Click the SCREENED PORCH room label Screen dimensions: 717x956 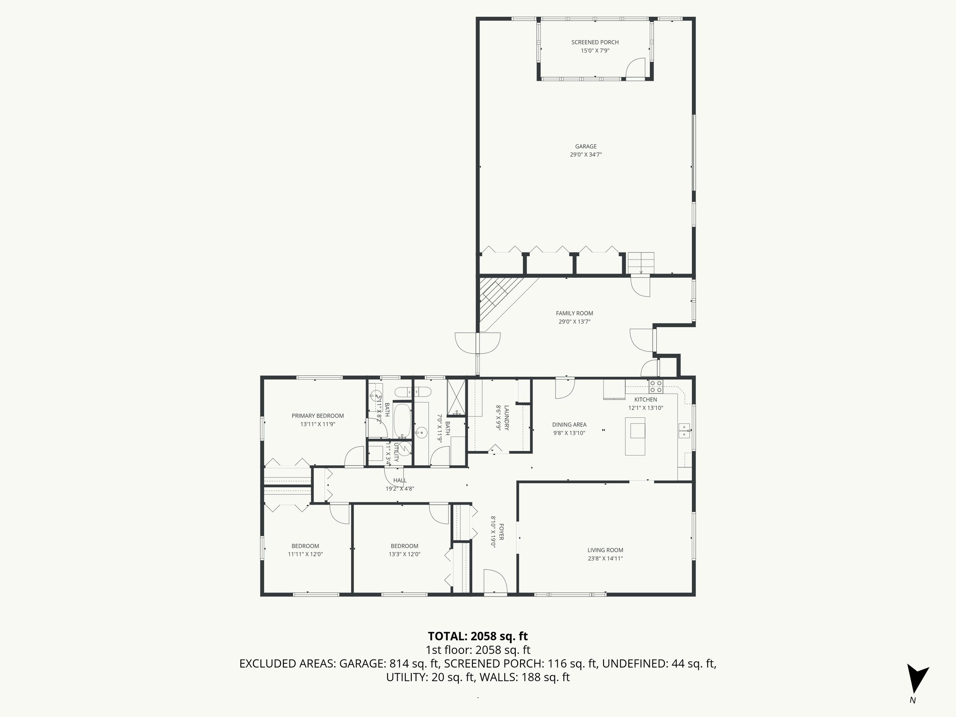pos(595,42)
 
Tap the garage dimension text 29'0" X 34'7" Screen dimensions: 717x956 pos(585,155)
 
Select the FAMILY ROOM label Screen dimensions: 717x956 pos(574,313)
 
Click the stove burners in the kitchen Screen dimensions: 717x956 pos(655,386)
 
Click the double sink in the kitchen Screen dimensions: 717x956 pos(684,430)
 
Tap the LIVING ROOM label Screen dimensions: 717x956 pos(605,550)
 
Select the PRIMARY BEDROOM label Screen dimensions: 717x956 pos(317,416)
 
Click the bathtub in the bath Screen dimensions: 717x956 pos(402,421)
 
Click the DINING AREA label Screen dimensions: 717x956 pos(569,425)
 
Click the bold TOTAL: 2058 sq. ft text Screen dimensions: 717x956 pos(478,636)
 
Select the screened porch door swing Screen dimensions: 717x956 pos(635,67)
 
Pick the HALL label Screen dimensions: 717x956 pos(400,480)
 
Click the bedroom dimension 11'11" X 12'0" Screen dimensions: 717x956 pos(305,555)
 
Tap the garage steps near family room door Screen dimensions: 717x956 pos(641,263)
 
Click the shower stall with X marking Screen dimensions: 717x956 pos(456,397)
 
